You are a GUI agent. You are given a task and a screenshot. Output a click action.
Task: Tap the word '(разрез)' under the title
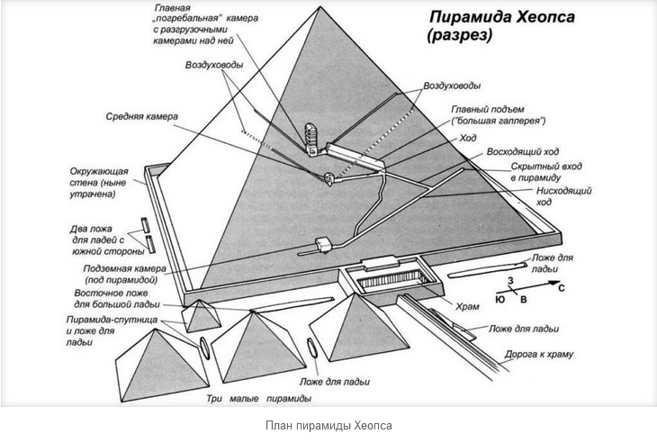point(458,37)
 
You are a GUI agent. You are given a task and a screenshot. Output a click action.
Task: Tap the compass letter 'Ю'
point(499,301)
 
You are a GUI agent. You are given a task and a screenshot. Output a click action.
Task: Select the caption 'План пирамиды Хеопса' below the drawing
point(328,425)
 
